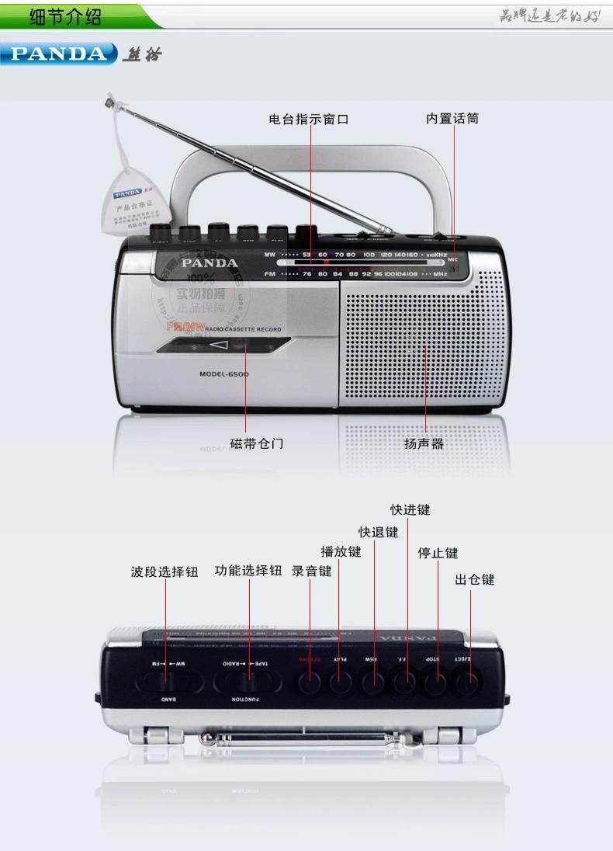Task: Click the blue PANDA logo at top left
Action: [x=59, y=54]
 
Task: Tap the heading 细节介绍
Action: [x=65, y=16]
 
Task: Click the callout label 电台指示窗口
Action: [x=308, y=119]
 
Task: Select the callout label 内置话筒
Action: [x=452, y=119]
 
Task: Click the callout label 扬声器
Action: [x=424, y=443]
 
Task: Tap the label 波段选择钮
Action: [x=165, y=572]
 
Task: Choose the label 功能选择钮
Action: [x=248, y=571]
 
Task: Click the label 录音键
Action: [x=311, y=571]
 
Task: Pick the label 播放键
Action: [x=341, y=551]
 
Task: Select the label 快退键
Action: [x=378, y=532]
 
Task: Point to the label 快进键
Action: [x=410, y=509]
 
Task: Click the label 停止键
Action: [x=438, y=553]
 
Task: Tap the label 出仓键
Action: [x=474, y=579]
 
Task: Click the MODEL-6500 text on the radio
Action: [x=223, y=373]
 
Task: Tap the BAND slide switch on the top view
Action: [x=168, y=681]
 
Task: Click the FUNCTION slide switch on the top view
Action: [x=247, y=681]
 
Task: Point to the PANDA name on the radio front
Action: [x=210, y=262]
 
